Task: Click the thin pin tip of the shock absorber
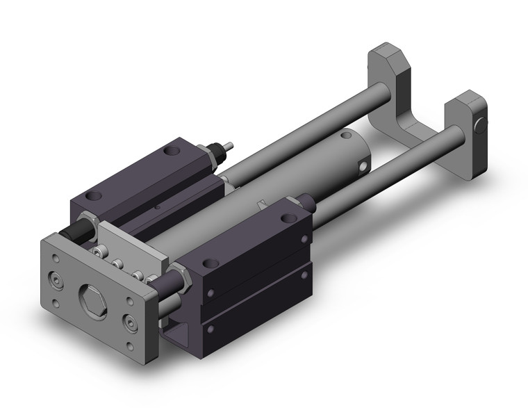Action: coord(229,147)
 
